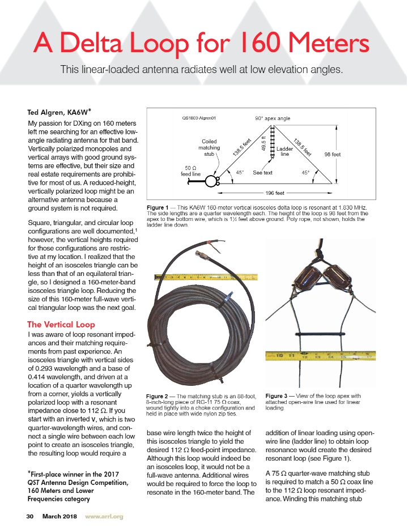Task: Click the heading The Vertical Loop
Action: (61, 325)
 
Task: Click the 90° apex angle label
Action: (273, 119)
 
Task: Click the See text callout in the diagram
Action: (262, 172)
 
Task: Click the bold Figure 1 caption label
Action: (159, 208)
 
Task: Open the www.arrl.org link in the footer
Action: (104, 516)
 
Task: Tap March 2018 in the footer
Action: (60, 516)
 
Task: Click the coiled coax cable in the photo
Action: (193, 329)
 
